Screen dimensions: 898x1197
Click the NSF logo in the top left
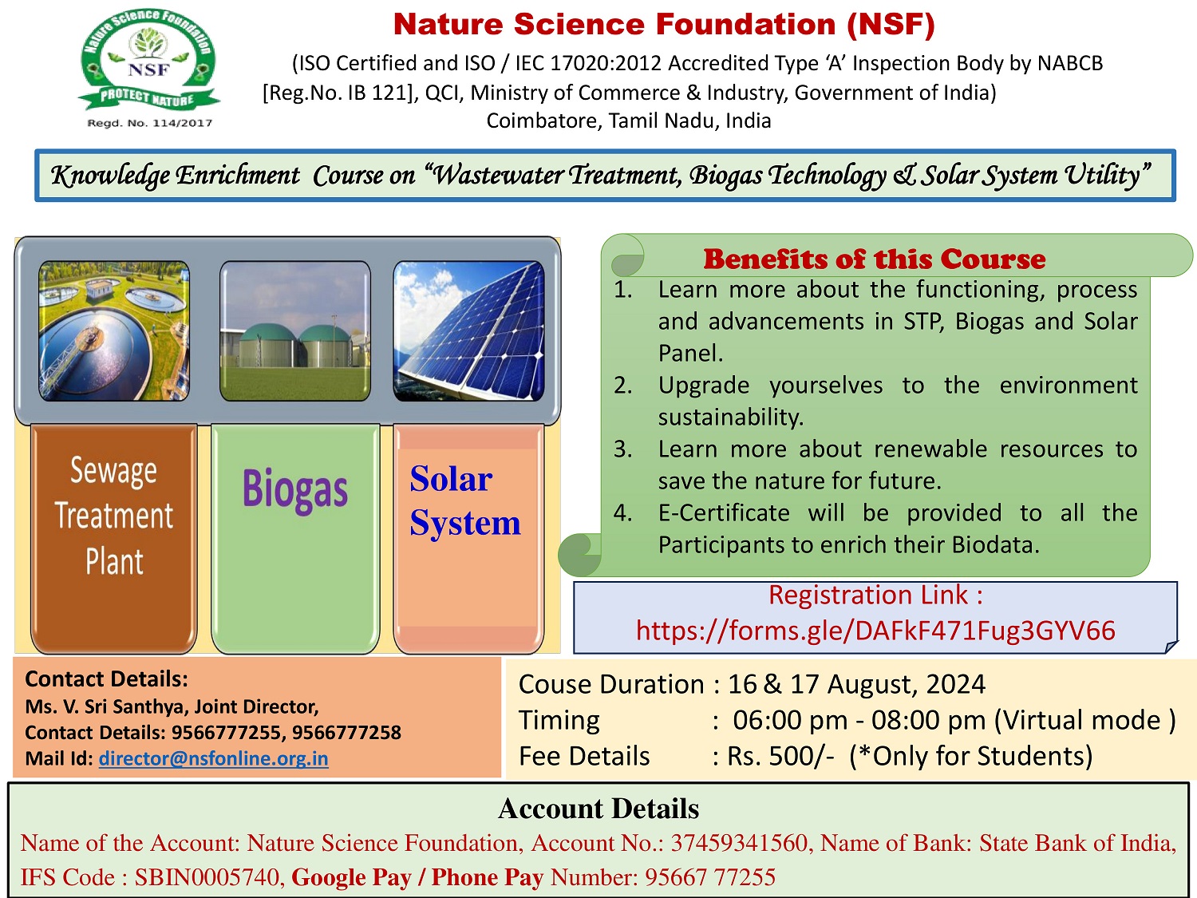(148, 61)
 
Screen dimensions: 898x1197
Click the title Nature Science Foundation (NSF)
(663, 25)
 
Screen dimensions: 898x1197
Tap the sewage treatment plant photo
(114, 330)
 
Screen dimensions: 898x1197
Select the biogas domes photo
(295, 330)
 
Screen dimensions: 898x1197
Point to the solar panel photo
(468, 330)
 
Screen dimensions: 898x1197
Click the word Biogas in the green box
(295, 489)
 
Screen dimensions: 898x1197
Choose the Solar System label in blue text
(464, 500)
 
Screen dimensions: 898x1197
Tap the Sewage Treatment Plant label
(114, 516)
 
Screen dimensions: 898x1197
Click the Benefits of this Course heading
(874, 259)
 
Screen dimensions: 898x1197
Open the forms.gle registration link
(875, 631)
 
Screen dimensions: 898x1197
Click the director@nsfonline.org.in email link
(213, 758)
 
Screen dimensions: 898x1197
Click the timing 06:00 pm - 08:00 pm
(859, 720)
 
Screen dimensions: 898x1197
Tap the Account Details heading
(598, 809)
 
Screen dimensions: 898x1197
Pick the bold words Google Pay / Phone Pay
(417, 877)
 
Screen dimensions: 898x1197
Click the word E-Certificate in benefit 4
(723, 512)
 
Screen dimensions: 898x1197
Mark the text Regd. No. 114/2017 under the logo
(149, 123)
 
